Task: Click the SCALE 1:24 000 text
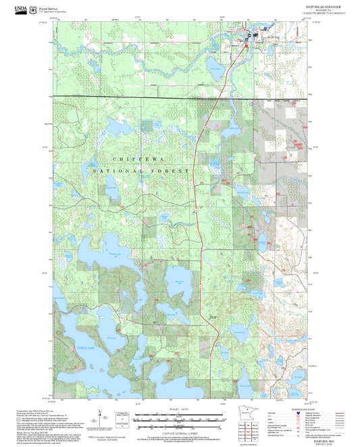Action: [179, 407]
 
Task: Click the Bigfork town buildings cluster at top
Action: [249, 36]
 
